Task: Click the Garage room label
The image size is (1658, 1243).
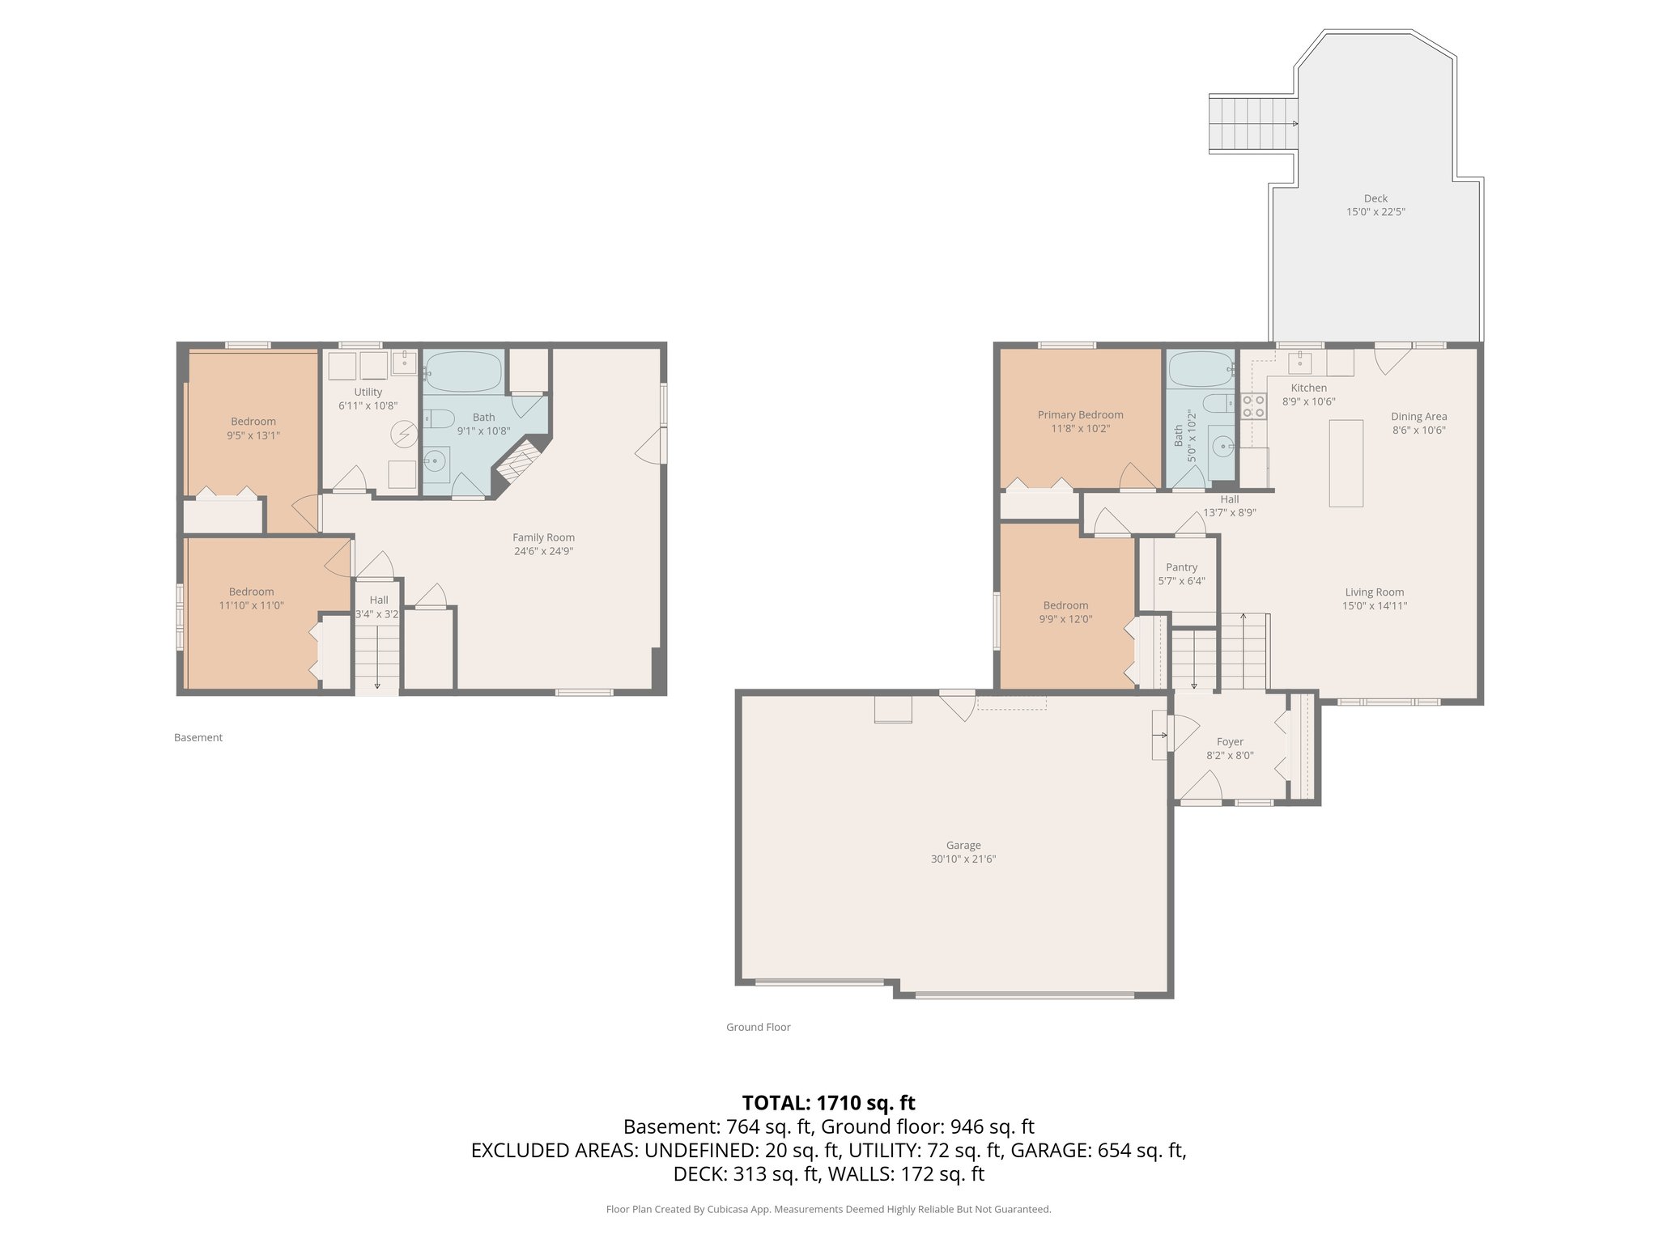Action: click(963, 845)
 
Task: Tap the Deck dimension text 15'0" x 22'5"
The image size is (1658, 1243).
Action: click(1375, 212)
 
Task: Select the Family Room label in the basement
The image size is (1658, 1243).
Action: click(543, 537)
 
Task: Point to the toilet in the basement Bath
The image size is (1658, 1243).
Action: click(440, 419)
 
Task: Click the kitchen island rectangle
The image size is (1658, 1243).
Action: click(1346, 462)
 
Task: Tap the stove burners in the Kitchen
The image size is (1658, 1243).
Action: click(1253, 406)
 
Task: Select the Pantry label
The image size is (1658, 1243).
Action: click(1181, 567)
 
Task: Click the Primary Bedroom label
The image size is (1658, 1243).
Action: click(1080, 414)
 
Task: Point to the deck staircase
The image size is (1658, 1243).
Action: click(1252, 124)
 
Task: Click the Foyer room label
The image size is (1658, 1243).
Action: click(1230, 741)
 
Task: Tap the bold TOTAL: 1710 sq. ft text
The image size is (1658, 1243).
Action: click(828, 1102)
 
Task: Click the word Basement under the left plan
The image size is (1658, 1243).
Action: click(198, 737)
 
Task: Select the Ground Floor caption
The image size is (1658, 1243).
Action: click(758, 1027)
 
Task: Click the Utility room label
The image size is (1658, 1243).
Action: click(368, 392)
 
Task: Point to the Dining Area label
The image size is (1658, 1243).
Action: click(1418, 417)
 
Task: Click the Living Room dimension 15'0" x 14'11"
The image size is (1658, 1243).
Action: click(1375, 605)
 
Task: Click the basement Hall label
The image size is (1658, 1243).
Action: click(379, 600)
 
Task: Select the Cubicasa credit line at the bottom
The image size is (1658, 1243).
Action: click(828, 1209)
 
